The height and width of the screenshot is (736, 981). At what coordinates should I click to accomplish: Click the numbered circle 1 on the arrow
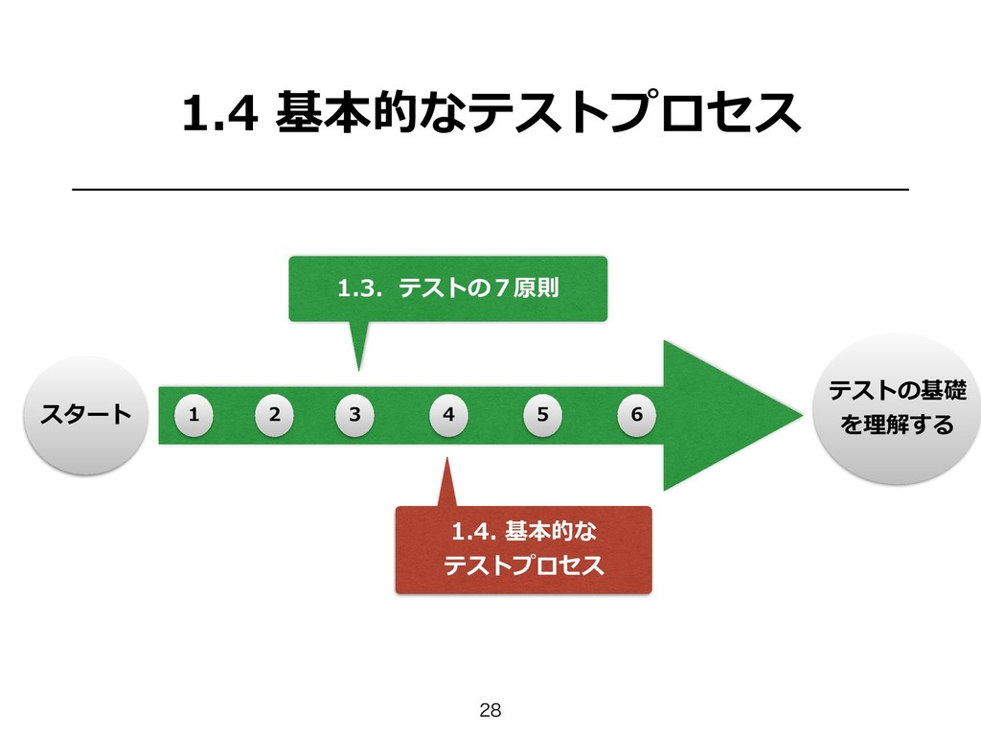tap(194, 416)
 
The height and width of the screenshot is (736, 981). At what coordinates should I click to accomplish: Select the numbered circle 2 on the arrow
tap(275, 416)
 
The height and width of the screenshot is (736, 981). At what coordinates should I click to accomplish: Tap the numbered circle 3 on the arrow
tap(355, 416)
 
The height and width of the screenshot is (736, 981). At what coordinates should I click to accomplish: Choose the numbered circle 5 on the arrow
tap(543, 416)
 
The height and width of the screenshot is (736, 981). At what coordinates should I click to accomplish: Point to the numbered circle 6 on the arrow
tap(636, 416)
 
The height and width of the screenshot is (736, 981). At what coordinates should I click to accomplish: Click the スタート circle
tap(85, 415)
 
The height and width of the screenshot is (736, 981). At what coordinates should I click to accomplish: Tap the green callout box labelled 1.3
tap(448, 287)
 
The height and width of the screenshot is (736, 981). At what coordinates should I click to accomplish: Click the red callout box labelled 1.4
tap(523, 549)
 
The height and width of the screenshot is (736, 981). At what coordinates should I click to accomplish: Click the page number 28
tap(490, 710)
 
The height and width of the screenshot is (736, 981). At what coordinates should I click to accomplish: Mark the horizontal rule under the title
tap(490, 191)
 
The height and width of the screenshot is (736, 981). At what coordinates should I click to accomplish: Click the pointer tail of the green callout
tap(358, 347)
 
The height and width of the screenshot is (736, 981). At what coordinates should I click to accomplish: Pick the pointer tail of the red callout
tap(446, 484)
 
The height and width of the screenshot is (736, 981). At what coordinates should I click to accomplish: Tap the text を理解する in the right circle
tap(898, 424)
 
